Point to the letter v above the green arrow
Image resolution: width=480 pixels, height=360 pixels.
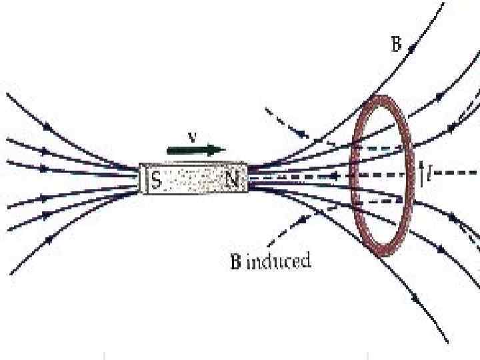[x=191, y=138]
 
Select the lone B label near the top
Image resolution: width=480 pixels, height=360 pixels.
[x=395, y=46]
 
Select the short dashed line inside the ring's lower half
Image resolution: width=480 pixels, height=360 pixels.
[x=380, y=200]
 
